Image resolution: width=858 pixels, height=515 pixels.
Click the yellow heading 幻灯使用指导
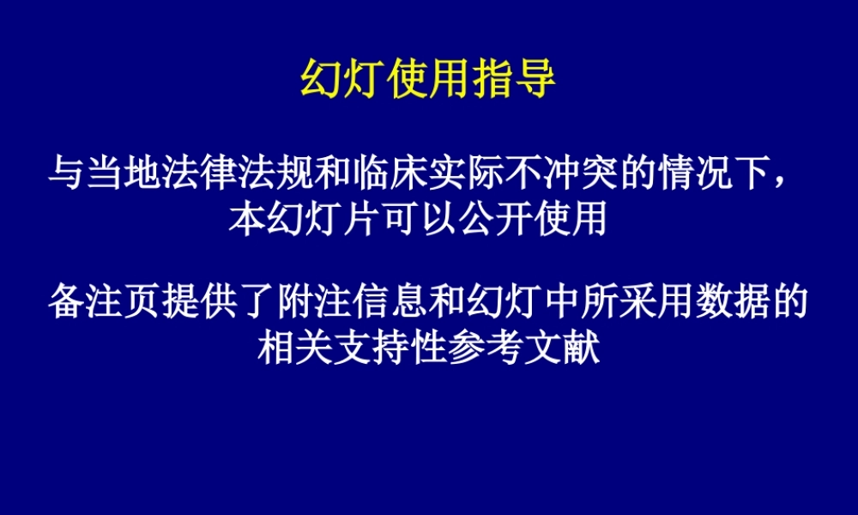(x=428, y=82)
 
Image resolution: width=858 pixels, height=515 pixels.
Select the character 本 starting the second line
(x=248, y=219)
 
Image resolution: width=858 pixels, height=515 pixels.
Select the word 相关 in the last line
(x=295, y=348)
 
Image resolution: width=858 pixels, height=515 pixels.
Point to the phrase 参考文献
(x=523, y=348)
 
